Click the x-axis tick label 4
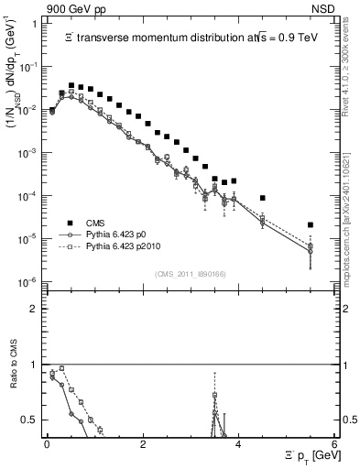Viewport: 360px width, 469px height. tap(238, 444)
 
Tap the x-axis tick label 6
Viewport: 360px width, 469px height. tap(334, 444)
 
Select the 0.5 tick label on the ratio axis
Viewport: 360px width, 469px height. tap(30, 420)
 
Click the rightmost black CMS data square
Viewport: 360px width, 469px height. tap(311, 224)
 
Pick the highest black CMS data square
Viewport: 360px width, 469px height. tap(71, 85)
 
